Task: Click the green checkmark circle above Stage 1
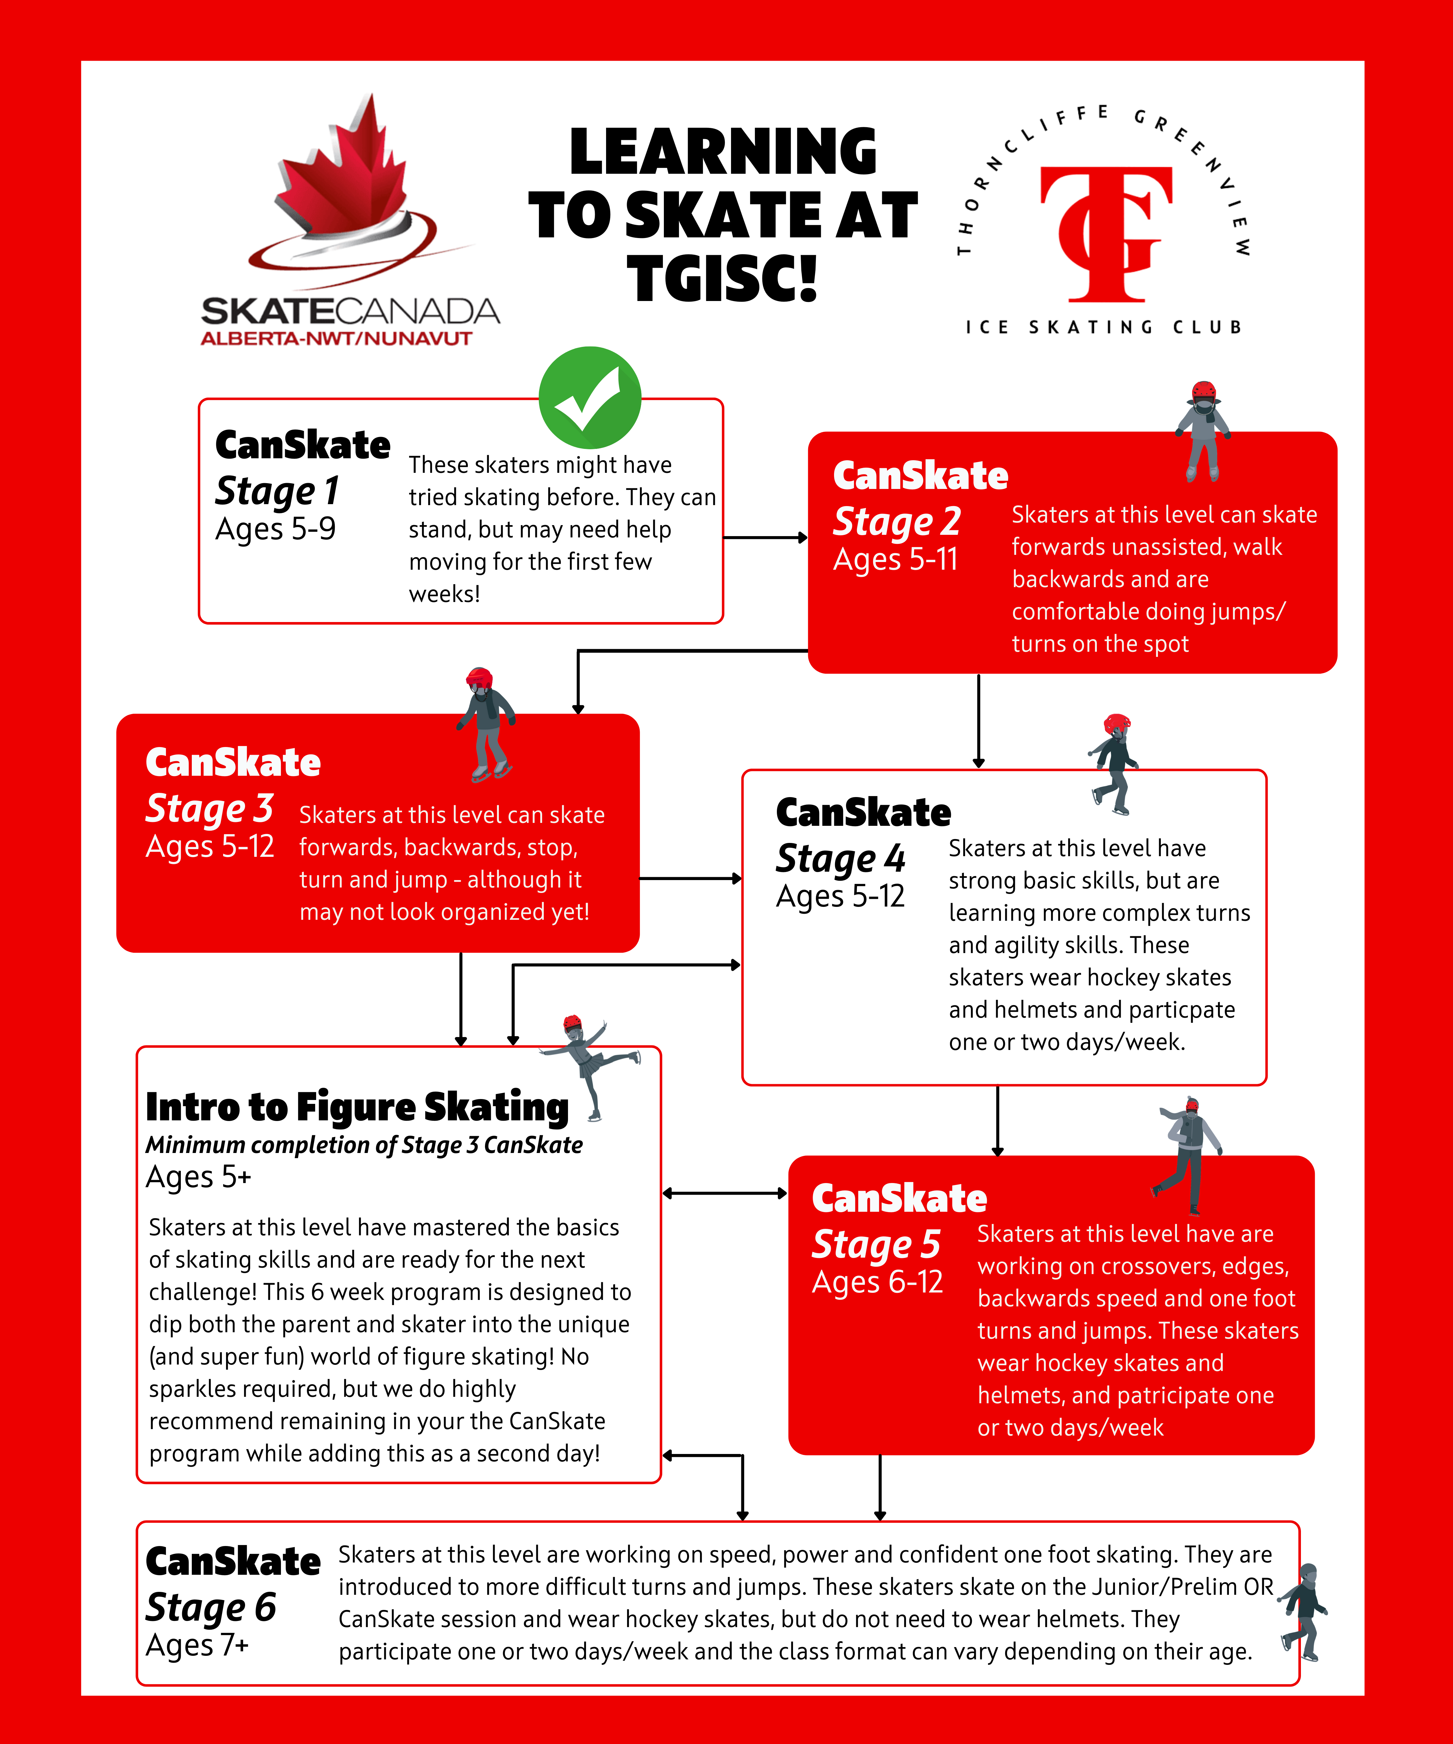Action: (x=590, y=397)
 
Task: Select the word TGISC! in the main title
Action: (x=722, y=278)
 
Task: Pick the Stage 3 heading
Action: (x=209, y=808)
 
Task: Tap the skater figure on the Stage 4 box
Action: (x=1113, y=764)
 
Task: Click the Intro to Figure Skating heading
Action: (x=357, y=1107)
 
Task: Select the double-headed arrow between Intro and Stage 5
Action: (x=724, y=1193)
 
